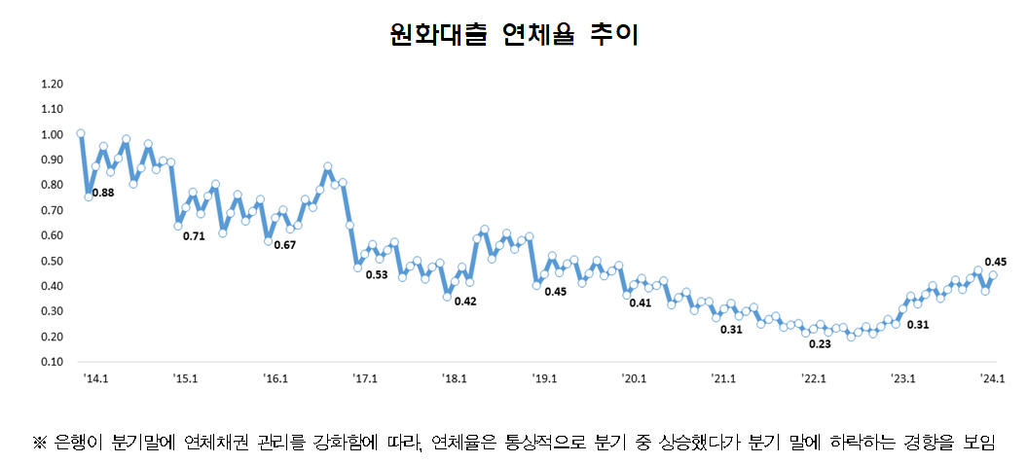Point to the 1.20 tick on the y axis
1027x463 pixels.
pyautogui.click(x=52, y=84)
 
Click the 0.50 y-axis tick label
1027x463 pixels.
pyautogui.click(x=52, y=261)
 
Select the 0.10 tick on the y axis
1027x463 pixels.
pyautogui.click(x=52, y=362)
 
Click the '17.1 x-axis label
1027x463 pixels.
pyautogui.click(x=364, y=378)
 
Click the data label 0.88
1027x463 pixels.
pyautogui.click(x=102, y=193)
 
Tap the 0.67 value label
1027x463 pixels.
pyautogui.click(x=283, y=244)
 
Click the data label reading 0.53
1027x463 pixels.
pyautogui.click(x=376, y=275)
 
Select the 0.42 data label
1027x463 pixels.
pyautogui.click(x=464, y=301)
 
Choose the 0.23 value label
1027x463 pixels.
pyautogui.click(x=821, y=343)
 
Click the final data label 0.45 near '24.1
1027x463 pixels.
pyautogui.click(x=996, y=261)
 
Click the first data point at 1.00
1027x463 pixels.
pyautogui.click(x=81, y=133)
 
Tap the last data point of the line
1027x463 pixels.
pyautogui.click(x=993, y=275)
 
